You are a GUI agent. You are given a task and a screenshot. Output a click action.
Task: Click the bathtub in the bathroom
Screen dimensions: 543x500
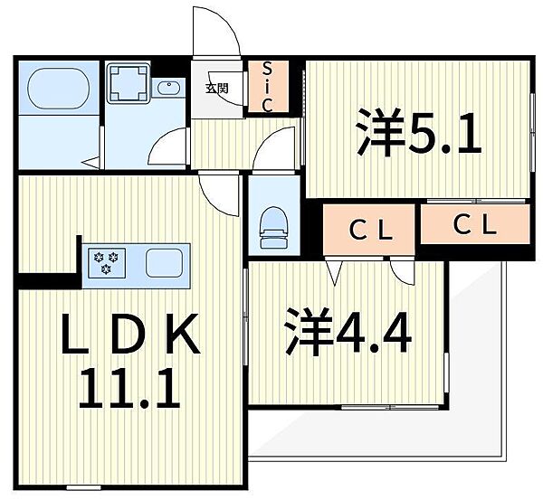(x=58, y=88)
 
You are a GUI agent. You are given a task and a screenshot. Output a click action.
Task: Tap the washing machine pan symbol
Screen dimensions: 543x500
(x=129, y=82)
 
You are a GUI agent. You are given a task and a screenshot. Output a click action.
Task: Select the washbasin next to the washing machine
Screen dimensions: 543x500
(x=168, y=88)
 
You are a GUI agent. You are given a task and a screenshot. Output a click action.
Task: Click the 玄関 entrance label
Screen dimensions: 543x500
(x=217, y=89)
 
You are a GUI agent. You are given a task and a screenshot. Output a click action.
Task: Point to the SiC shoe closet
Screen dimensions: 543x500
(x=267, y=87)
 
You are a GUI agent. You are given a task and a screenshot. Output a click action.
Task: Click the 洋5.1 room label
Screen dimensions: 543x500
(x=419, y=132)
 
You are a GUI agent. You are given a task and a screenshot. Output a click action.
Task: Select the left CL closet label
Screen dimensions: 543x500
(x=371, y=231)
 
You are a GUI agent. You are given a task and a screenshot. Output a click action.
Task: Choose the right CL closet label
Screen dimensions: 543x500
(x=475, y=225)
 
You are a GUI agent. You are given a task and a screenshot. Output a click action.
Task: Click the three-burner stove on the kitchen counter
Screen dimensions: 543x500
(x=107, y=262)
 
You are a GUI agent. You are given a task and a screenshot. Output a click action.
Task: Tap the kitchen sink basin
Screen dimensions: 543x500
(x=164, y=262)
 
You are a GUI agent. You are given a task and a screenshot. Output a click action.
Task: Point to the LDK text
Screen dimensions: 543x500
(x=130, y=334)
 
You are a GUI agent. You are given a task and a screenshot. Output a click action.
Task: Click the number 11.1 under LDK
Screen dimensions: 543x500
(x=129, y=388)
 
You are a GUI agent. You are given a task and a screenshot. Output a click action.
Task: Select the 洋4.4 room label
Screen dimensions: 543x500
(x=348, y=331)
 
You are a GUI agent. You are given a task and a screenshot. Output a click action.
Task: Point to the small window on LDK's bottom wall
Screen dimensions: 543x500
(x=83, y=487)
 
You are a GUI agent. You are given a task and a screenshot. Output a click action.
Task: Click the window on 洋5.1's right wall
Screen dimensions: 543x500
(x=532, y=132)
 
